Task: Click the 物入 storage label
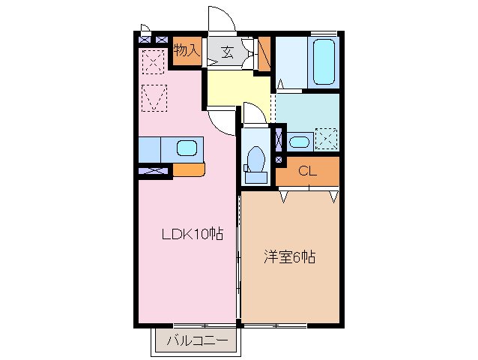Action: tap(187, 50)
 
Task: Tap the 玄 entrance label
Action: tap(227, 52)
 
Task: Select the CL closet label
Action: tap(307, 171)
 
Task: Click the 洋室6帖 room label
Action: tap(288, 257)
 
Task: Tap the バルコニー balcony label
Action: tap(196, 341)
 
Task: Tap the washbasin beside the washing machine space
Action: tap(299, 141)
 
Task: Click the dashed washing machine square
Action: tap(327, 139)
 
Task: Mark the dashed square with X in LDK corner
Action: tap(154, 61)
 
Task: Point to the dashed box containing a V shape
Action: tap(154, 97)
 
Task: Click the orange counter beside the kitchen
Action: tap(188, 169)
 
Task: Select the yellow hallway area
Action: tap(236, 90)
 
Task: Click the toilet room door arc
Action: tap(254, 112)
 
